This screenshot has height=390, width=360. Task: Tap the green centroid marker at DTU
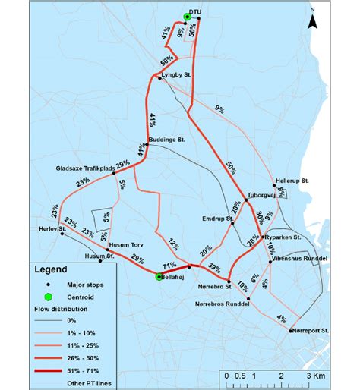(x=187, y=16)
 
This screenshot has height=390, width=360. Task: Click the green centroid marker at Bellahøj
(x=159, y=277)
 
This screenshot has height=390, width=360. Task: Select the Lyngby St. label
(x=177, y=77)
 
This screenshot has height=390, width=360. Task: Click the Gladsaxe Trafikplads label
(x=85, y=168)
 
